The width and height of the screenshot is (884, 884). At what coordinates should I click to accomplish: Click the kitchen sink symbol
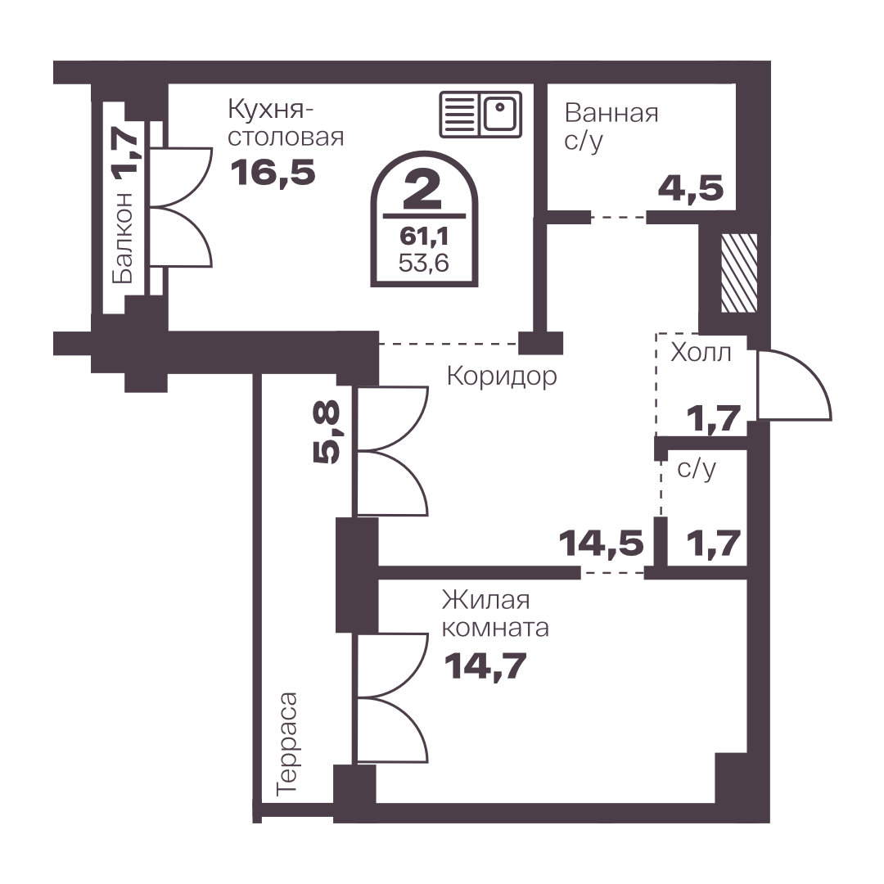(x=480, y=115)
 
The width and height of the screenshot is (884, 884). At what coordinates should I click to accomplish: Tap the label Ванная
(x=611, y=113)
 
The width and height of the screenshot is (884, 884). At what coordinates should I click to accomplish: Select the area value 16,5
(x=273, y=172)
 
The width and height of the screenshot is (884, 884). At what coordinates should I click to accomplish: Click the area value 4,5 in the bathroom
(x=691, y=188)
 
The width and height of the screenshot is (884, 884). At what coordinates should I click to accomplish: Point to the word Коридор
(x=502, y=376)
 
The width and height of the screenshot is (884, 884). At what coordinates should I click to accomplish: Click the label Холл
(x=701, y=353)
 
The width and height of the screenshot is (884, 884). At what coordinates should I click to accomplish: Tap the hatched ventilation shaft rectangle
(x=739, y=273)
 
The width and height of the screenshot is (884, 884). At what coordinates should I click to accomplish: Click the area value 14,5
(x=601, y=543)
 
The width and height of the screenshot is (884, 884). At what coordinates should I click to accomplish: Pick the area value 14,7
(x=485, y=666)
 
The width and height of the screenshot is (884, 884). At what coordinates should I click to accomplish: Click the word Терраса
(x=287, y=744)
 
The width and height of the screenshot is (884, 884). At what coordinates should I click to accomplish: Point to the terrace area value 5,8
(x=327, y=431)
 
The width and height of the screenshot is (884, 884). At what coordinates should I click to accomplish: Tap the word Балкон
(x=123, y=237)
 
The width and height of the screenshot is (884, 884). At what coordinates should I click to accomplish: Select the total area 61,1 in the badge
(x=424, y=237)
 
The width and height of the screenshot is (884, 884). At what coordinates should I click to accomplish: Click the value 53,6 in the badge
(x=424, y=263)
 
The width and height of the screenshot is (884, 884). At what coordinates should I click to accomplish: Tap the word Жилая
(x=485, y=601)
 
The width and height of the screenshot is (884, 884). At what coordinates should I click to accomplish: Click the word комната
(x=495, y=628)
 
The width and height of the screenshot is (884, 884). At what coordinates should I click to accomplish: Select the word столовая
(x=286, y=137)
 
